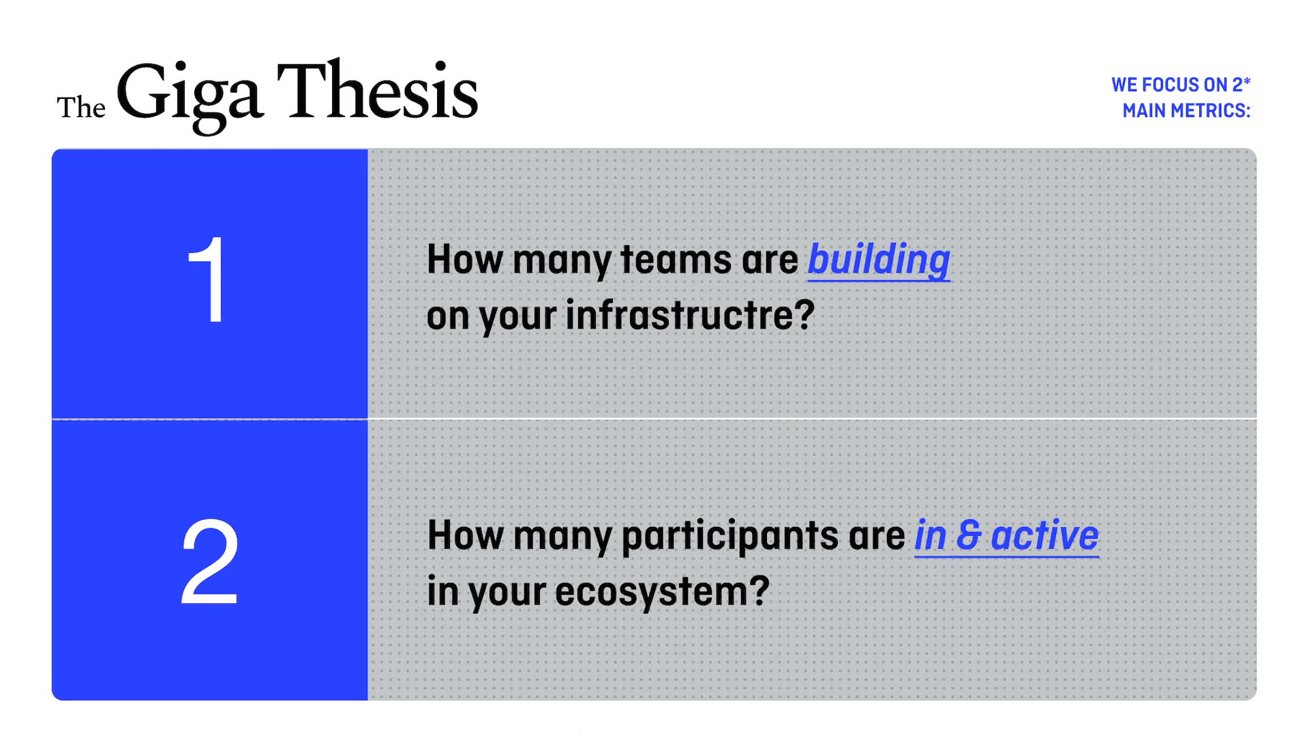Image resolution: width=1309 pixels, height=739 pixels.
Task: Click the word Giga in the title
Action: pyautogui.click(x=190, y=95)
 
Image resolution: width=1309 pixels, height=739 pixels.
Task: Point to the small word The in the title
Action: pyautogui.click(x=81, y=108)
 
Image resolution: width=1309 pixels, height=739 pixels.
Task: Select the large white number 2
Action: pyautogui.click(x=209, y=561)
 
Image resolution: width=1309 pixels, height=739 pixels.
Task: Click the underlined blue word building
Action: pyautogui.click(x=879, y=260)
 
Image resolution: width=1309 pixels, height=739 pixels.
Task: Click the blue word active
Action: pyautogui.click(x=1044, y=535)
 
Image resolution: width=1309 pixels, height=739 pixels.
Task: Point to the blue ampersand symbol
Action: pyautogui.click(x=969, y=535)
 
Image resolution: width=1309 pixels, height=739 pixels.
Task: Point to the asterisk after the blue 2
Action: pyautogui.click(x=1247, y=80)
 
